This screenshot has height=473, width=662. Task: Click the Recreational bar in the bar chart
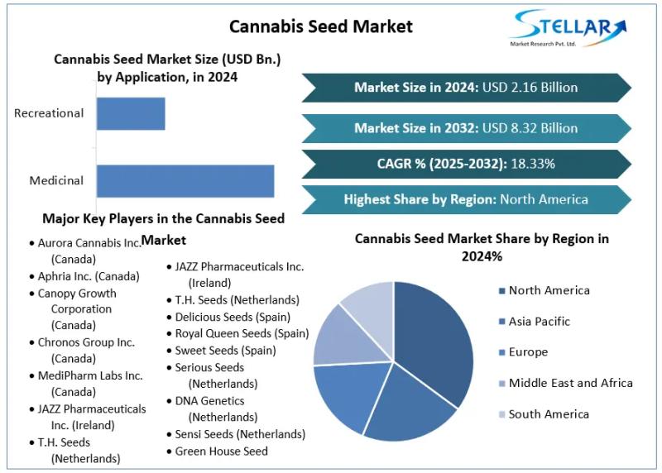[x=131, y=113]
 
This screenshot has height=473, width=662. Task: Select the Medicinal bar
[x=185, y=181]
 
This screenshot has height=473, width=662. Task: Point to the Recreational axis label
[x=49, y=113]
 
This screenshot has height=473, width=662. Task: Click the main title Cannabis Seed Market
[x=320, y=26]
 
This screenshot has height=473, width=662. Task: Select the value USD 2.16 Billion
[x=530, y=88]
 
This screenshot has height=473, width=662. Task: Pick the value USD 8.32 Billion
[x=530, y=128]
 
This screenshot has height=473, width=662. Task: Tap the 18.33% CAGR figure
[x=533, y=164]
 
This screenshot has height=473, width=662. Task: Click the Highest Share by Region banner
[x=466, y=199]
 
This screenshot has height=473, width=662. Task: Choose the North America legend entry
[x=549, y=290]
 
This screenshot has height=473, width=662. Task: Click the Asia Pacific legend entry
[x=539, y=322]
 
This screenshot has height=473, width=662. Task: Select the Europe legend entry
[x=528, y=352]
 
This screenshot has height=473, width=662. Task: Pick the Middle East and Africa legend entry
[x=570, y=383]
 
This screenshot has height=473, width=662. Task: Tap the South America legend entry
[x=549, y=414]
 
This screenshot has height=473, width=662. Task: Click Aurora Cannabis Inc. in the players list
[x=89, y=243]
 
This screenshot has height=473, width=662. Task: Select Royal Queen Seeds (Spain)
[x=242, y=334]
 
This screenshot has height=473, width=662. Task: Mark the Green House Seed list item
[x=221, y=451]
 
